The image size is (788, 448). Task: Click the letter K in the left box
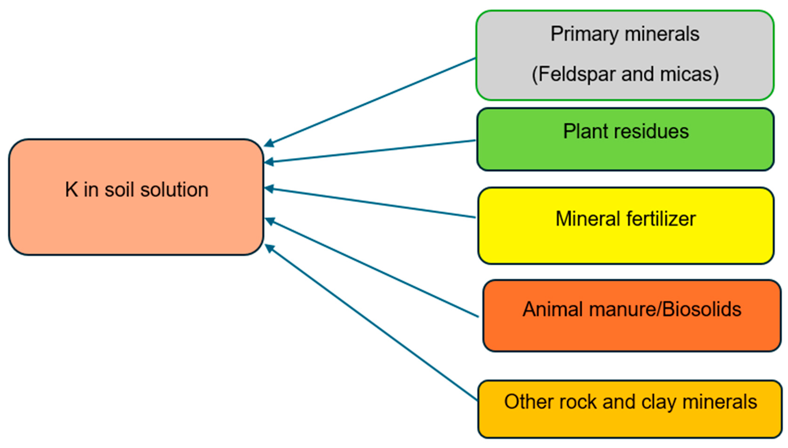click(71, 190)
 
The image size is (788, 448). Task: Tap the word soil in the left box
click(120, 190)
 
